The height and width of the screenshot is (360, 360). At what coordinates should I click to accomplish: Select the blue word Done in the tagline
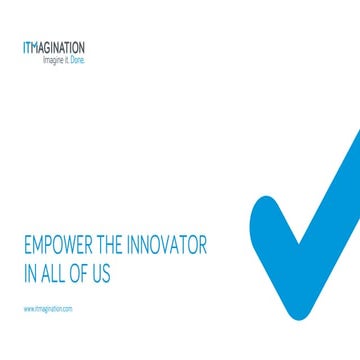(x=78, y=60)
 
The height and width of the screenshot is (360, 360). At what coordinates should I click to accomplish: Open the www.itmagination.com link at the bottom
(x=48, y=310)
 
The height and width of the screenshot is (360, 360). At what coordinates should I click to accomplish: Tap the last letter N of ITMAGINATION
(x=82, y=47)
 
